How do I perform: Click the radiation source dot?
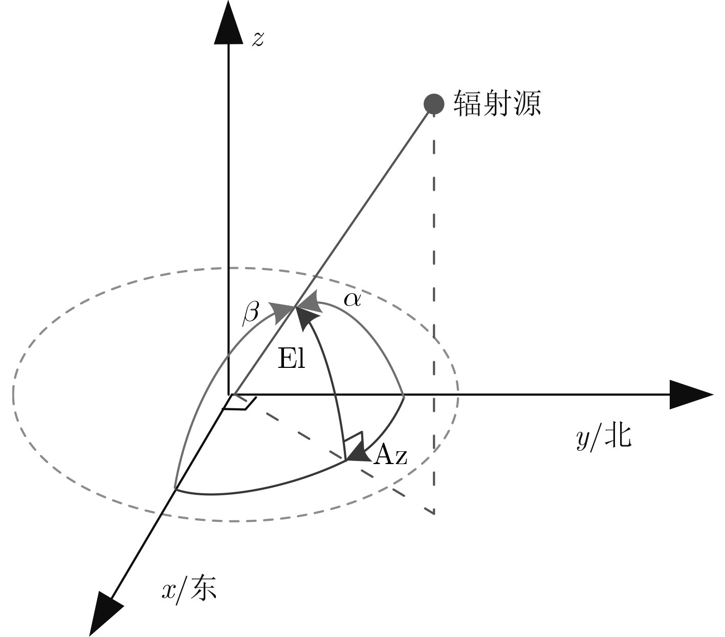tap(434, 104)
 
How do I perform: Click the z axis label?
tap(258, 39)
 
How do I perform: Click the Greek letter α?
tap(352, 300)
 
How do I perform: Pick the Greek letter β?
tap(251, 314)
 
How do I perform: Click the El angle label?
tap(291, 359)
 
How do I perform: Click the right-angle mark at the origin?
tap(240, 402)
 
